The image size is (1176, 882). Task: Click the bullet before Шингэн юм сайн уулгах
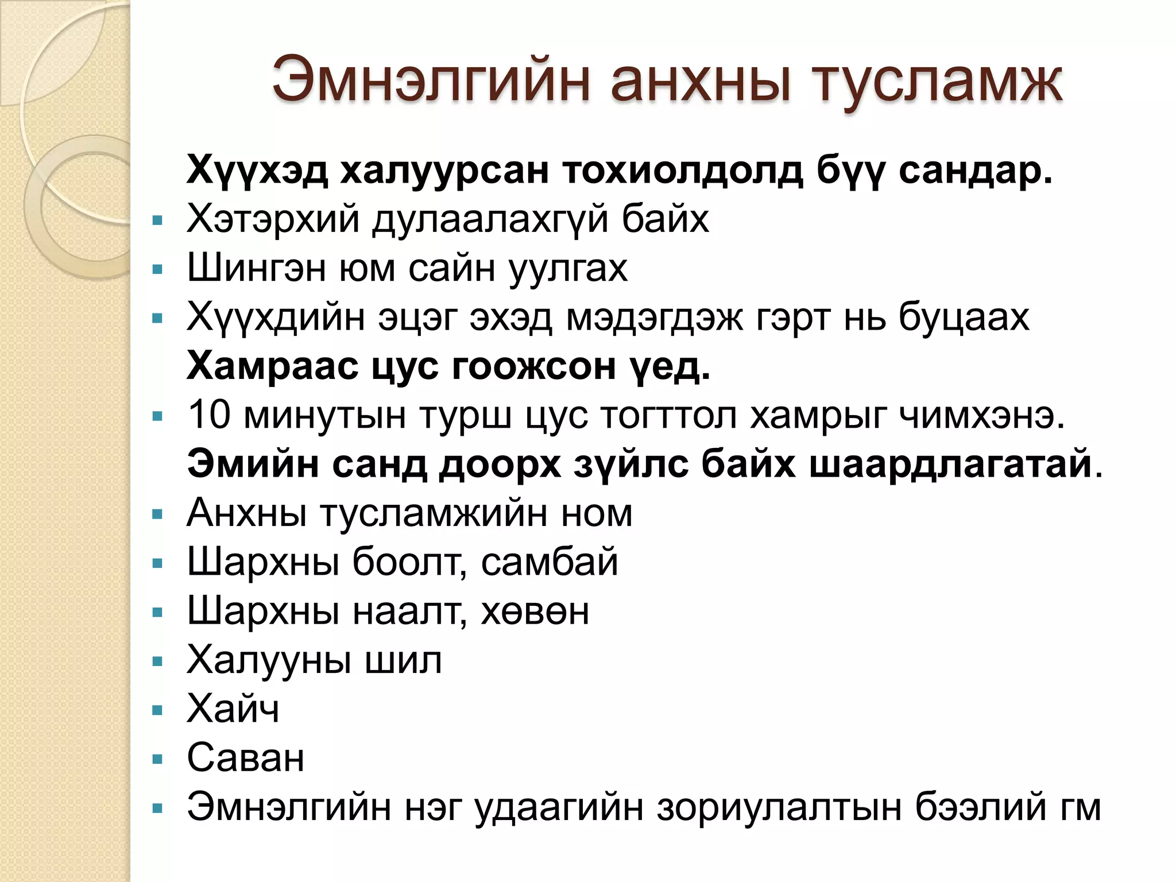coord(158,269)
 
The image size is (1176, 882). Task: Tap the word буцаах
coord(964,318)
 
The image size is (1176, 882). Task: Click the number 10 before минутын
coord(209,415)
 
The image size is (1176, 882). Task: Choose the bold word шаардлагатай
coord(950,464)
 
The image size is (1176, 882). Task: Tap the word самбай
coord(550,562)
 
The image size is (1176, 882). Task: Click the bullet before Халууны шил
coord(158,661)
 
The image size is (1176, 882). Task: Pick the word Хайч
coord(233,709)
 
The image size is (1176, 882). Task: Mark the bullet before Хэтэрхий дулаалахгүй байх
coord(158,220)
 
